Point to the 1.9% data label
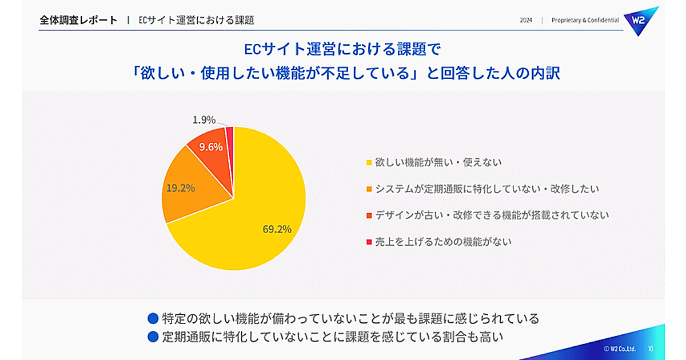pyautogui.click(x=204, y=120)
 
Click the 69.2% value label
pyautogui.click(x=277, y=229)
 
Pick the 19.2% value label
pyautogui.click(x=181, y=187)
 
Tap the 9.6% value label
pyautogui.click(x=210, y=147)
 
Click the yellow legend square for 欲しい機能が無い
pyautogui.click(x=369, y=162)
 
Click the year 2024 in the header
pyautogui.click(x=526, y=20)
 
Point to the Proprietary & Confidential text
pyautogui.click(x=585, y=20)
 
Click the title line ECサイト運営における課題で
pyautogui.click(x=342, y=49)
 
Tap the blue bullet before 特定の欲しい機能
pyautogui.click(x=153, y=318)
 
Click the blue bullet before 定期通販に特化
pyautogui.click(x=153, y=337)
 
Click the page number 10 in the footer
pyautogui.click(x=651, y=348)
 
